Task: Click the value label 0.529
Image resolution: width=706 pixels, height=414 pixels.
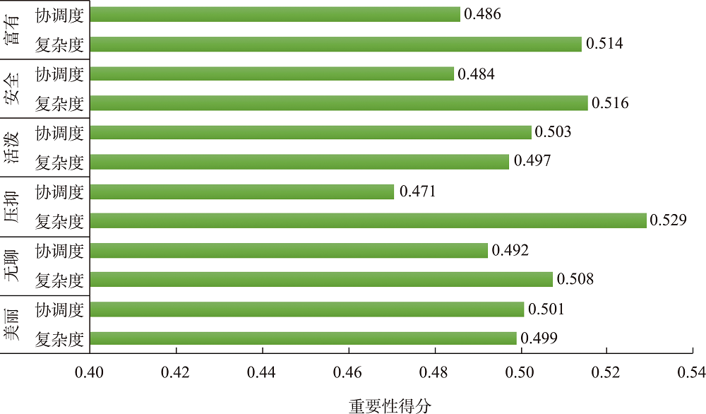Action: point(669,221)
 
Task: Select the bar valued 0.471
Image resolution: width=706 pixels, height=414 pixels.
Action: point(242,191)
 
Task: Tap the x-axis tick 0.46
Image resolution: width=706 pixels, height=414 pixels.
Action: point(348,372)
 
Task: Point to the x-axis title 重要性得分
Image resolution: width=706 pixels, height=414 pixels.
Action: point(390,405)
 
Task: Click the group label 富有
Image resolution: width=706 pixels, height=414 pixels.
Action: point(12,30)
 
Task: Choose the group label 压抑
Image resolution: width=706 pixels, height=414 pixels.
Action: point(12,207)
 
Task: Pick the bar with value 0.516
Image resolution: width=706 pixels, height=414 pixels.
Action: point(339,103)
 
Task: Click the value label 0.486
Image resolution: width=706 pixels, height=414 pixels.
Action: point(482,14)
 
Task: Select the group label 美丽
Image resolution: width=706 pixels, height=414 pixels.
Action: point(12,324)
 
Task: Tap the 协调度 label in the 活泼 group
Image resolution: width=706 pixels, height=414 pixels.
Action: point(60,133)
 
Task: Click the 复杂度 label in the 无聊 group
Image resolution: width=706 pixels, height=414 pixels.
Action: point(60,280)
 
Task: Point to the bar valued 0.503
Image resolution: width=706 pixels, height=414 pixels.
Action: point(311,133)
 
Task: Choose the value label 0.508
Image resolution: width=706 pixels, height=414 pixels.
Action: point(575,280)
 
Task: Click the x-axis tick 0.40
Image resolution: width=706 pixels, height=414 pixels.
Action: point(90,372)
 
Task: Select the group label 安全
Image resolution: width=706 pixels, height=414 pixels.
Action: point(12,89)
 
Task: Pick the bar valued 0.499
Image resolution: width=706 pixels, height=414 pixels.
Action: point(303,338)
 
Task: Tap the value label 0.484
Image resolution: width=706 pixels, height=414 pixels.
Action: point(477,73)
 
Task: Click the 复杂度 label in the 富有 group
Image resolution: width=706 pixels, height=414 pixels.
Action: point(60,45)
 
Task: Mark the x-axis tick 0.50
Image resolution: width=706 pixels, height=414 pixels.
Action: point(521,372)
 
